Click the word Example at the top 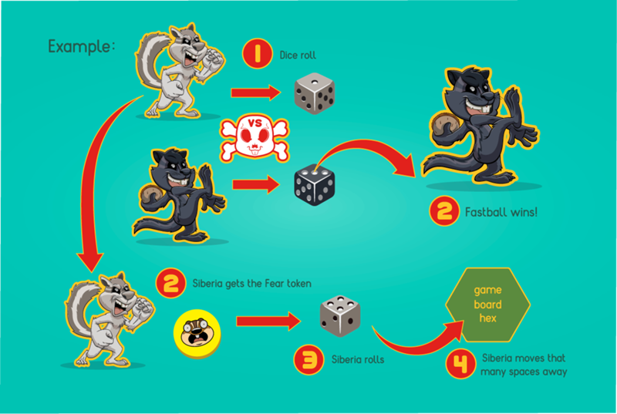tap(81, 45)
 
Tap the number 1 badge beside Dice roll tap(256, 56)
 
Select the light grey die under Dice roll tap(315, 93)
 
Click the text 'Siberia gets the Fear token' tap(251, 283)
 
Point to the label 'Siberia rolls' tap(359, 359)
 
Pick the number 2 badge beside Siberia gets tap(170, 283)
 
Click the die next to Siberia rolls tap(340, 317)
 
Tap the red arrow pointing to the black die tap(255, 185)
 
